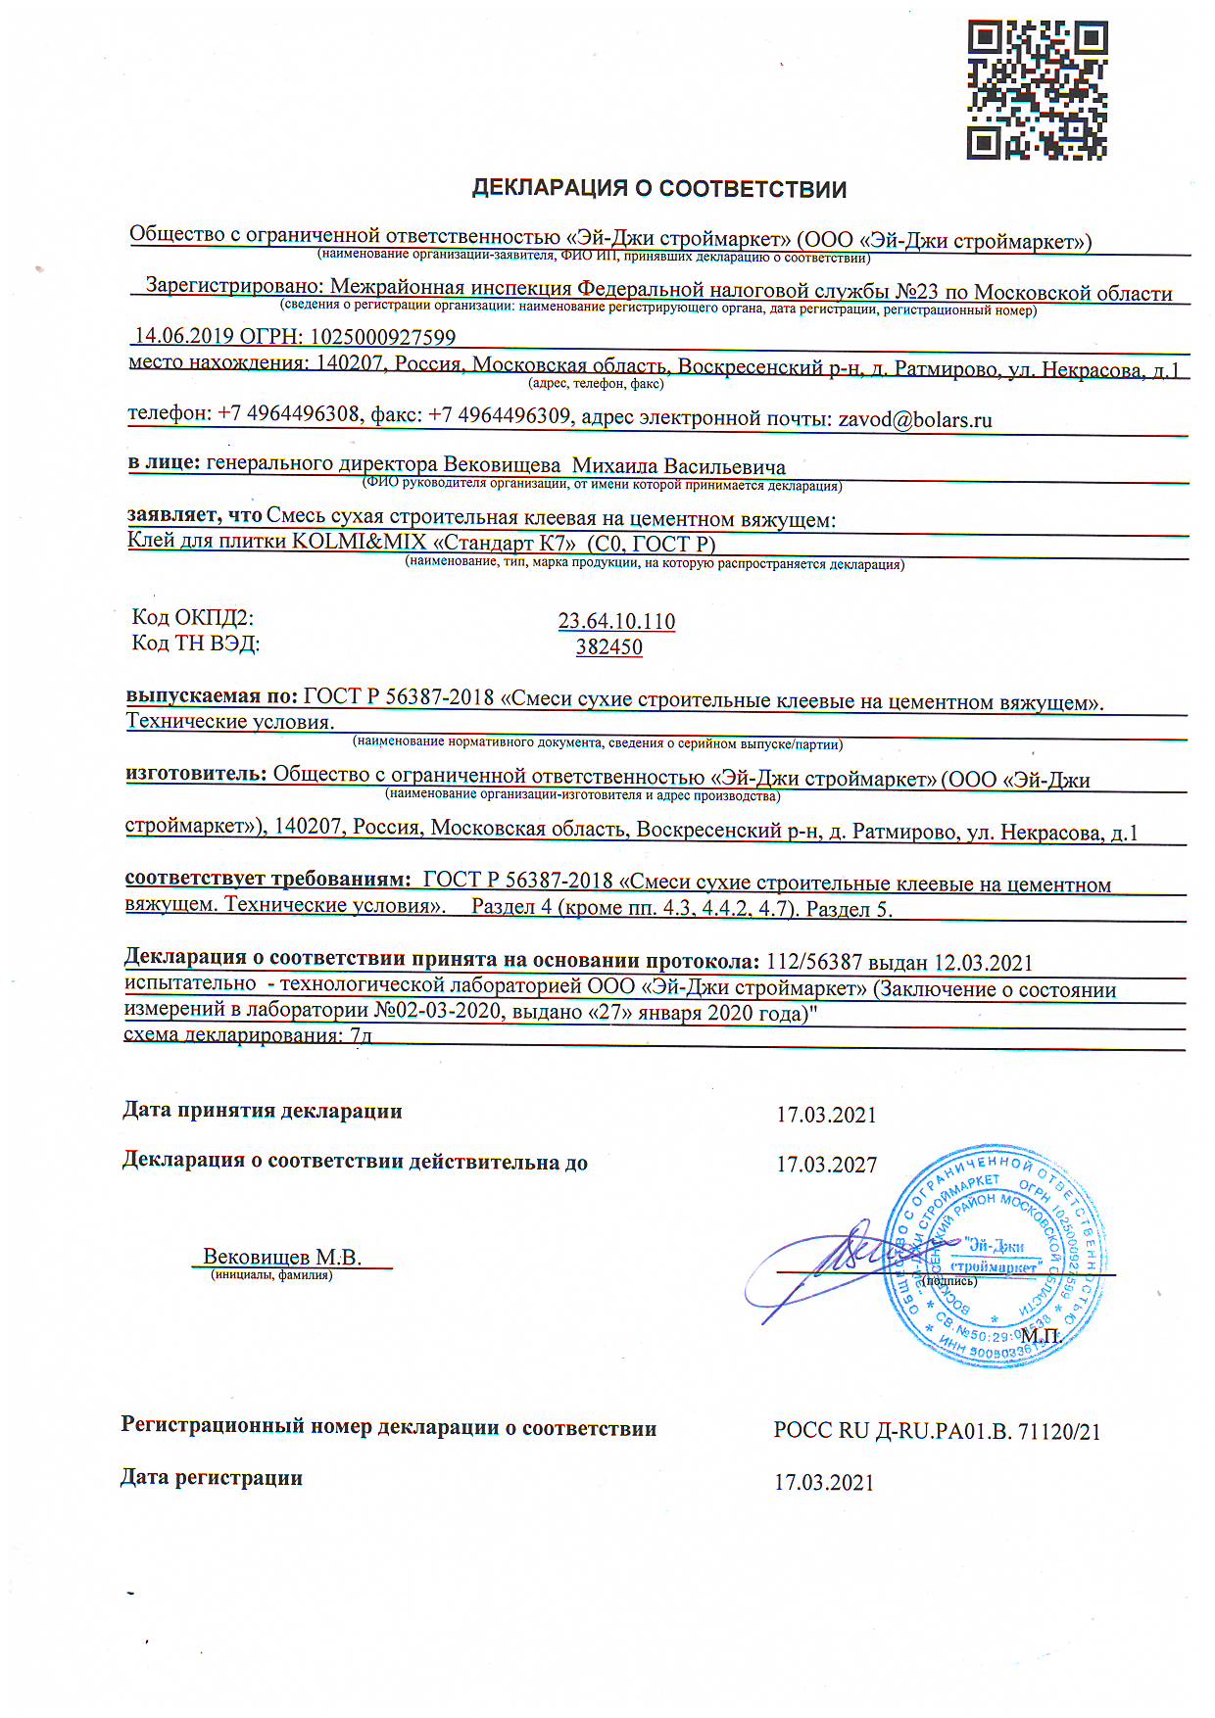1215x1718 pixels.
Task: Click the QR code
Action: click(x=1038, y=90)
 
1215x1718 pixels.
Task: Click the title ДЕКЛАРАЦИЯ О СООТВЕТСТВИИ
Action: click(x=659, y=188)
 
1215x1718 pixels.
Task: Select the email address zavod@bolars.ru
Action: click(x=914, y=420)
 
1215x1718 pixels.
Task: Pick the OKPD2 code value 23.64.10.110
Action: click(x=616, y=621)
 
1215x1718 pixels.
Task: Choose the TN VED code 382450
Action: click(x=609, y=646)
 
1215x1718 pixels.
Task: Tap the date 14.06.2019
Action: click(x=183, y=336)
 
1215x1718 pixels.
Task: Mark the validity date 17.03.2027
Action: click(x=826, y=1165)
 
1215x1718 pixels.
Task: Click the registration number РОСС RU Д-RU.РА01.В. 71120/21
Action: click(x=937, y=1431)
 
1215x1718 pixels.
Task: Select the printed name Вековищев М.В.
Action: click(x=282, y=1257)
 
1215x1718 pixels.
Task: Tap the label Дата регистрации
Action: click(x=212, y=1477)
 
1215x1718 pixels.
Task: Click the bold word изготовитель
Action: click(x=196, y=773)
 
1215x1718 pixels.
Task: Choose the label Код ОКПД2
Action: click(x=193, y=617)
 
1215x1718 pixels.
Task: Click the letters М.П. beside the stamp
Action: click(x=1041, y=1335)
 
